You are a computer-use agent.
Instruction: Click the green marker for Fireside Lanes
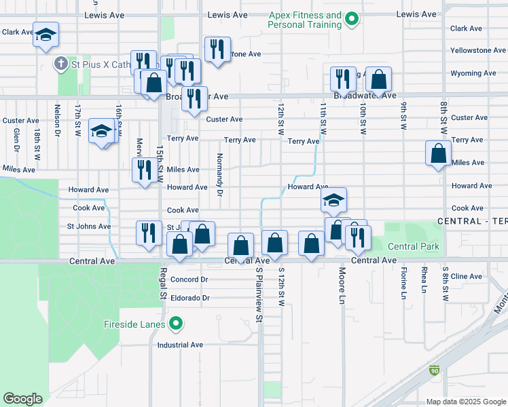[176, 325]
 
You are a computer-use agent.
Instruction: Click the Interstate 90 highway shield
[435, 371]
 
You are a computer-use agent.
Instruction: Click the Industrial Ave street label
[181, 345]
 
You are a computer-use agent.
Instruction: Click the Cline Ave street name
[467, 276]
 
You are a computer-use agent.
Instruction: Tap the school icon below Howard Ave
[333, 200]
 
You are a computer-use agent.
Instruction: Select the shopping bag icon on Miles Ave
[439, 153]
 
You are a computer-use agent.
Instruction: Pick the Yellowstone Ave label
[478, 51]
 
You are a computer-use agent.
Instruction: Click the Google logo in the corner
[23, 399]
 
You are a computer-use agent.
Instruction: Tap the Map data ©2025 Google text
[465, 402]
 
